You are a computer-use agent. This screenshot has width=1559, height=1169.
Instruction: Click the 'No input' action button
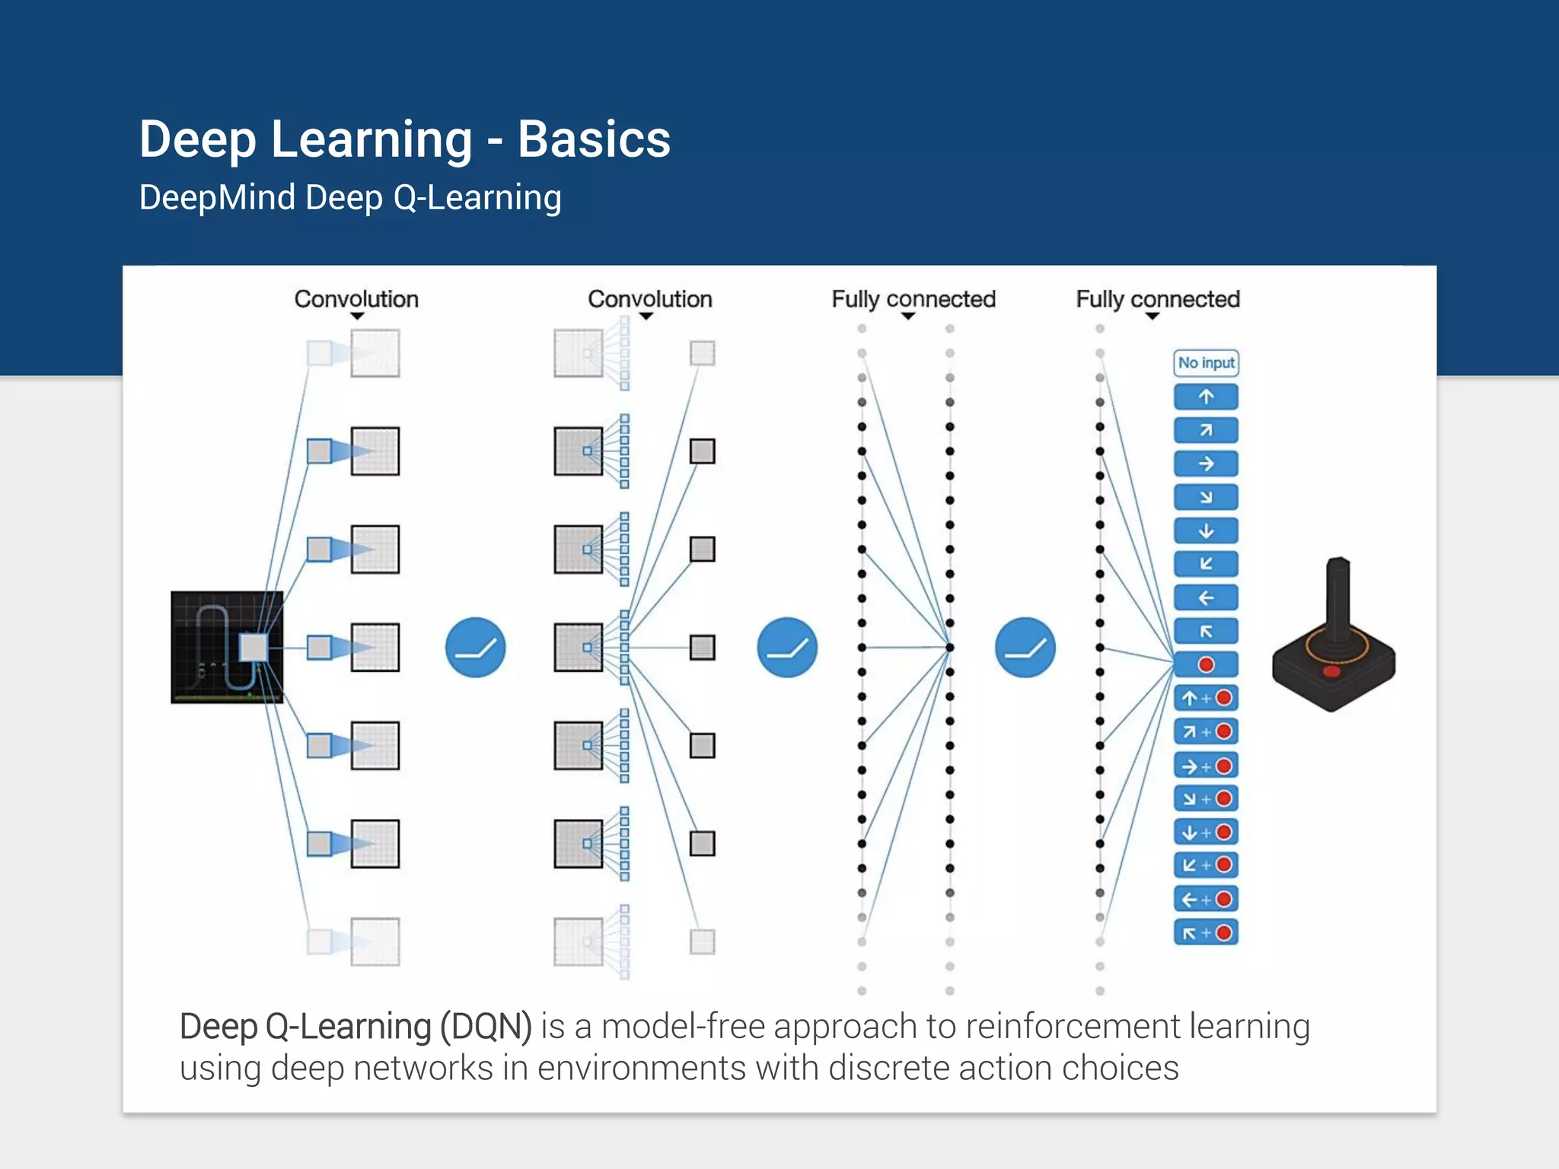tap(1206, 363)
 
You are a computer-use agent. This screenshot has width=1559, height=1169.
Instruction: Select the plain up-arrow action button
tap(1206, 397)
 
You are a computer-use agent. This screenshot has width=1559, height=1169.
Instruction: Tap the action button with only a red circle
tap(1206, 664)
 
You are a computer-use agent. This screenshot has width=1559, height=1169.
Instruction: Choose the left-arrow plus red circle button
tap(1206, 899)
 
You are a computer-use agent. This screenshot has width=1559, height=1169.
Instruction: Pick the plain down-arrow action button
tap(1206, 530)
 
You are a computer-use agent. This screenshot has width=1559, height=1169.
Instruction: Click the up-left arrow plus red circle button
tap(1206, 932)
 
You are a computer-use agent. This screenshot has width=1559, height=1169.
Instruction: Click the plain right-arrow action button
tap(1206, 463)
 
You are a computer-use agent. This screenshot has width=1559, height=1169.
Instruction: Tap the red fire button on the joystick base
tap(1331, 671)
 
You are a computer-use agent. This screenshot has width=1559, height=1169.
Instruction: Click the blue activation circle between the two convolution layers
tap(475, 647)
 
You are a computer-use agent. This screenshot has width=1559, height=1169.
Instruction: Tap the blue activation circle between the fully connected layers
tap(1025, 647)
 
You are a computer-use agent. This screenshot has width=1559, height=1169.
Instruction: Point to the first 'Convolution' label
tap(356, 299)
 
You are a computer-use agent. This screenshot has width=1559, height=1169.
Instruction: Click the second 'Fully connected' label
tap(1157, 299)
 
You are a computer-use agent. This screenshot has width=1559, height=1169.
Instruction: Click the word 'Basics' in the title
tap(594, 140)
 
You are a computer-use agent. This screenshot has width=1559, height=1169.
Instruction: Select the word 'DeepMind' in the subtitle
tap(217, 198)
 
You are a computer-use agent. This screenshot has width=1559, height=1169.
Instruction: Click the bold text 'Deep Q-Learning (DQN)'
tap(355, 1026)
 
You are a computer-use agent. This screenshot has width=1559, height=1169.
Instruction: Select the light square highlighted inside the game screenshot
tap(253, 647)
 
